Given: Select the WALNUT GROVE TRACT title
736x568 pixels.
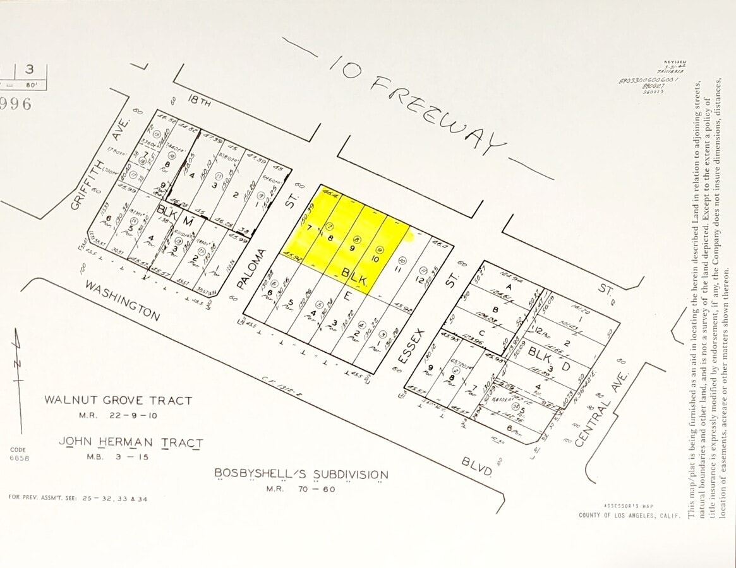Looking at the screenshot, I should [x=118, y=400].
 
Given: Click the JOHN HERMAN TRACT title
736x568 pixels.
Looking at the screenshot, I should [x=131, y=442].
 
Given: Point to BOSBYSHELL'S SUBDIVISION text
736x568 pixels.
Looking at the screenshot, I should [x=301, y=474].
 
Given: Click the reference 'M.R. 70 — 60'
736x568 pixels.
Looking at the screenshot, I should [x=301, y=488].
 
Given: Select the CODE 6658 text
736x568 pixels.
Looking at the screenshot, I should [x=19, y=454].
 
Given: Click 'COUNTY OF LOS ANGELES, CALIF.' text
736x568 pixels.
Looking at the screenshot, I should [x=629, y=515].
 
